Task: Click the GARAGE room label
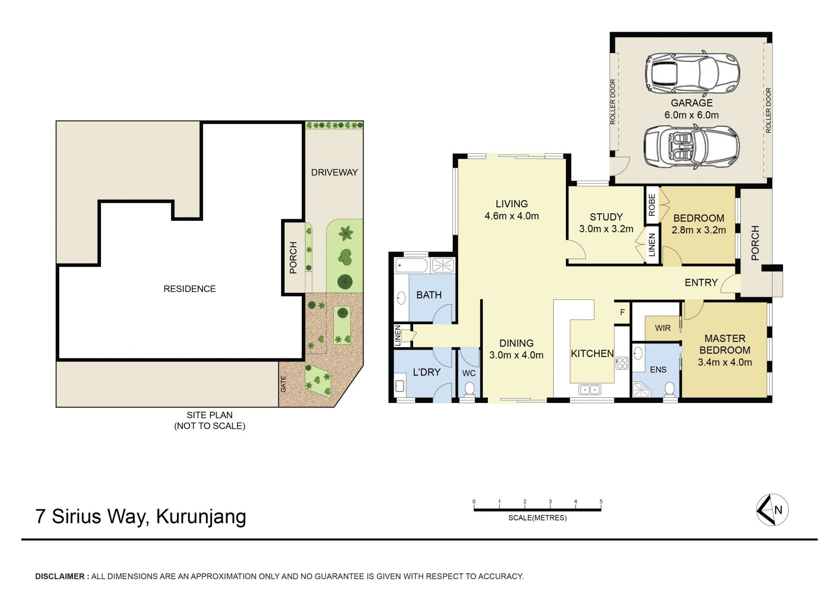point(691,103)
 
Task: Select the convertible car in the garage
point(691,147)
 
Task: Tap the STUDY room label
point(606,217)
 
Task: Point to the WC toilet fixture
point(469,389)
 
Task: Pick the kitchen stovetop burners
point(622,363)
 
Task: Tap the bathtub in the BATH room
point(412,266)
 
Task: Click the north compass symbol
point(772,510)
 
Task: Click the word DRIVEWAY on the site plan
point(334,173)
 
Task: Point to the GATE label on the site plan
point(283,384)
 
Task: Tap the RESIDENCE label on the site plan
point(190,289)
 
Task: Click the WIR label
point(662,328)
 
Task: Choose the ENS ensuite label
point(658,370)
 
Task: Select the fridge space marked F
point(622,312)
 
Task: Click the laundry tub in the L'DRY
point(400,385)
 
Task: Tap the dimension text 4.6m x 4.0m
point(512,216)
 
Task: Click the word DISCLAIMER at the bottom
point(60,576)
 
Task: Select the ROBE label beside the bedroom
point(652,205)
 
